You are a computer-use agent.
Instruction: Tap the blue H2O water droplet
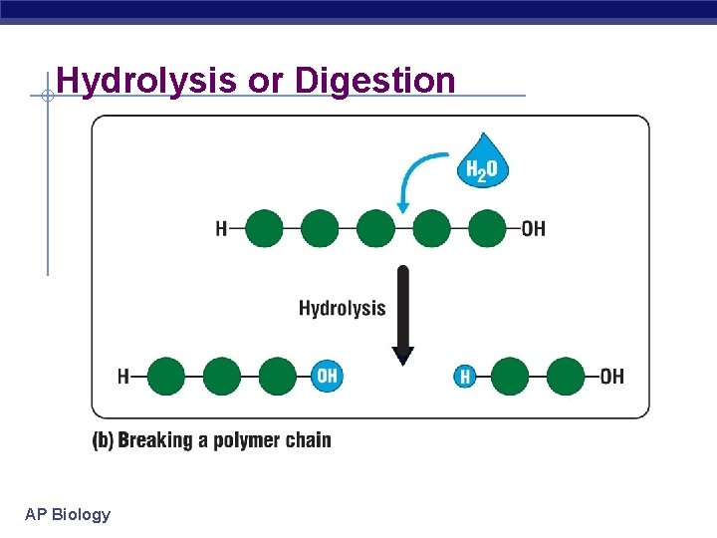coord(484,162)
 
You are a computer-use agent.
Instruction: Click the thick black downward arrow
coord(402,313)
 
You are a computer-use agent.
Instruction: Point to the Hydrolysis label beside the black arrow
coord(342,308)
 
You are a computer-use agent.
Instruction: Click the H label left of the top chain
coord(221,228)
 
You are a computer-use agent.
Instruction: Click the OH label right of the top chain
coord(534,228)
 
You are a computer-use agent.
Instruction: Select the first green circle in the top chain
coord(264,228)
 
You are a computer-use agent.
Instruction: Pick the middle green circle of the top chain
coord(375,228)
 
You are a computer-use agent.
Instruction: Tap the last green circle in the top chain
coord(487,228)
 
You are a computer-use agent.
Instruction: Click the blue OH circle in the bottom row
coord(327,377)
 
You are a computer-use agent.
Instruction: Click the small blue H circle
coord(464,377)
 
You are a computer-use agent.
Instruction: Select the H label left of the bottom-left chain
coord(123,377)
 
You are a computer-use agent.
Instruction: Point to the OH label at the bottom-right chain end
coord(611,377)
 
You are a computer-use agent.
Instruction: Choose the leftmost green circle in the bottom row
coord(166,377)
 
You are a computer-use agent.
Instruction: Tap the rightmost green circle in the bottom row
coord(566,377)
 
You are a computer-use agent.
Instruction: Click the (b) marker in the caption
coord(103,440)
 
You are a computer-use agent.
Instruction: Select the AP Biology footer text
coord(68,514)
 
